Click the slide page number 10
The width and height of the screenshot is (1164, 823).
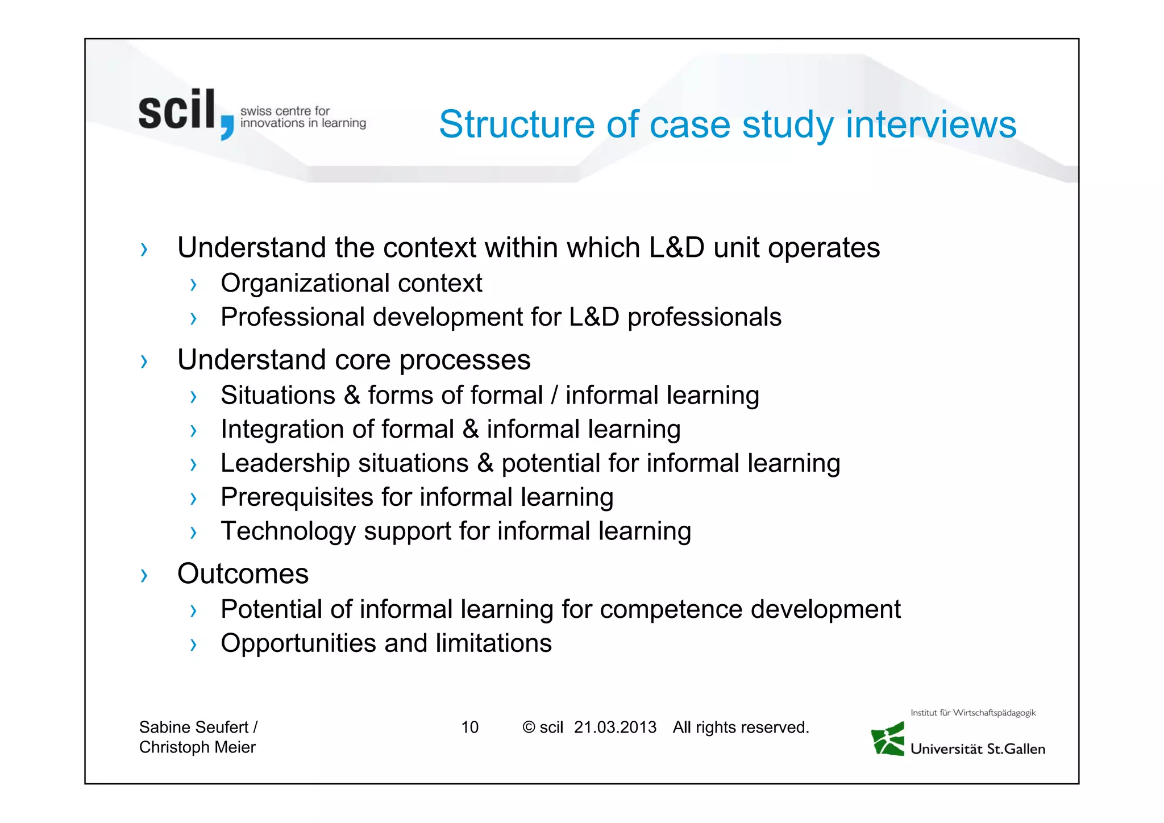469,727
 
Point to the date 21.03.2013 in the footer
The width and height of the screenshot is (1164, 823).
615,727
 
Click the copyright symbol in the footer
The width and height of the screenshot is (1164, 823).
529,728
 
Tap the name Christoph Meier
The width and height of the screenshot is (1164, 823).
197,747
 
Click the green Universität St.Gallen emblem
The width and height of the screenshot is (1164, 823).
888,739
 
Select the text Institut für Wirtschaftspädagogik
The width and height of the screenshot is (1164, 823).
973,713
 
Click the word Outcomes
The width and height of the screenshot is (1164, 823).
243,573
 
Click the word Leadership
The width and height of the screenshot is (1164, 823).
285,463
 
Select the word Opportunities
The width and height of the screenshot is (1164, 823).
298,643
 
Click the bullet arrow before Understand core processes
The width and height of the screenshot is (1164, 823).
144,361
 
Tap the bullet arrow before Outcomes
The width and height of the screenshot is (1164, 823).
144,576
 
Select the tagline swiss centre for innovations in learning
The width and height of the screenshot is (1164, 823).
303,117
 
